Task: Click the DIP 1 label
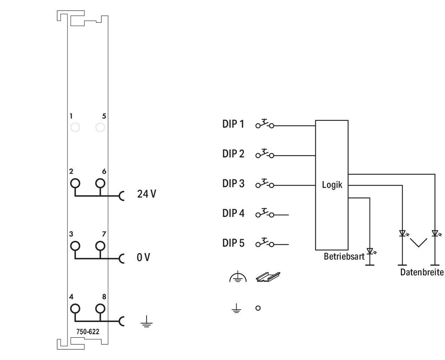233,124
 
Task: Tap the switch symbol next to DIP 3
264,183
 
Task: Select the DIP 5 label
233,243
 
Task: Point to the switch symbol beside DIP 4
264,213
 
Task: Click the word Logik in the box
332,185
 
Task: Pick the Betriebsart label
344,256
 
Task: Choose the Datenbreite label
422,273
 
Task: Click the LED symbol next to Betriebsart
370,251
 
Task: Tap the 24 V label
146,194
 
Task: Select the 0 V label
143,257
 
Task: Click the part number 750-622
88,332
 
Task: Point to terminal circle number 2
75,183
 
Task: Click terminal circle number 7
100,246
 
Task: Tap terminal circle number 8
100,308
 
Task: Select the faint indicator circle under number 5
100,127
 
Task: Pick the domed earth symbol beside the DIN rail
238,277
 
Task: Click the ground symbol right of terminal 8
146,322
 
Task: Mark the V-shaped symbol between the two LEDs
418,243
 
